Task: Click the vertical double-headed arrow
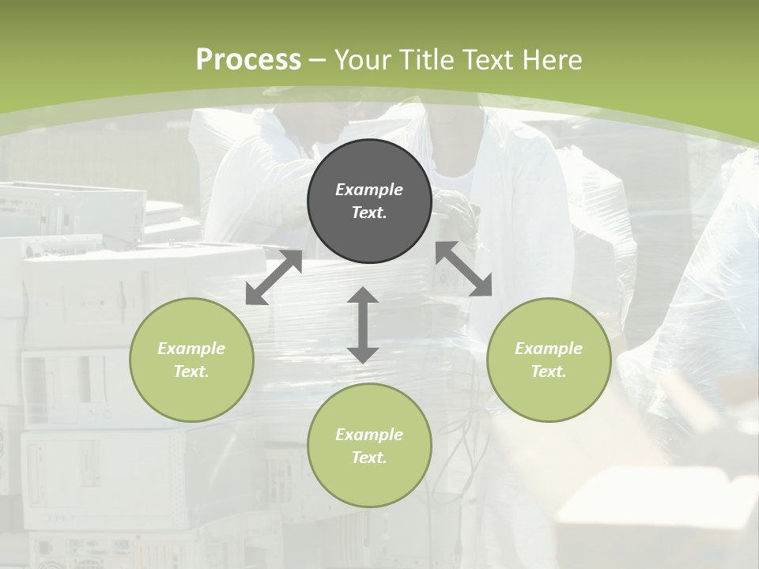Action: tap(362, 325)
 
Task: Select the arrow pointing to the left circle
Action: tap(274, 277)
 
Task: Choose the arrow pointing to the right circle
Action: tap(464, 269)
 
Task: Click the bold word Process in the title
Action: tap(248, 59)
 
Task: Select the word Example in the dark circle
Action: tap(369, 190)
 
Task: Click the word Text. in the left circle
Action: tap(191, 371)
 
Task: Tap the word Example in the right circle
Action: tap(549, 349)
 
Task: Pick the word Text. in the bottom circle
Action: tap(369, 458)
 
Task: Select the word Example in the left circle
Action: tap(191, 349)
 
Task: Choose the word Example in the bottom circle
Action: tap(369, 435)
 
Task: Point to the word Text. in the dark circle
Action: tap(369, 213)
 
